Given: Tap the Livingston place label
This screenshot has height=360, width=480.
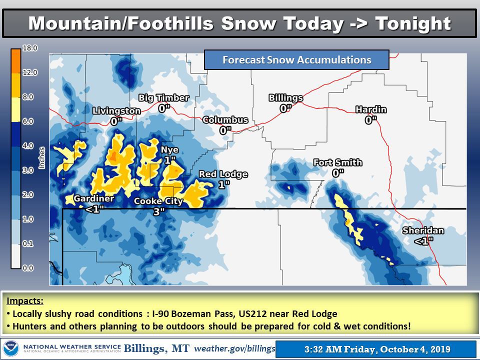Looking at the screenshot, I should (116, 111).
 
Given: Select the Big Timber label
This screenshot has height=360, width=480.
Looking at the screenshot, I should (161, 97).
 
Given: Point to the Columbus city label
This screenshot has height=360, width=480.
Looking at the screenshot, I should (225, 120).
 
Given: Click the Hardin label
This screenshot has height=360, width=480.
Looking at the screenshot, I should (371, 109).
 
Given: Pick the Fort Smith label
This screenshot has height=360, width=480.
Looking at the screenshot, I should (337, 162).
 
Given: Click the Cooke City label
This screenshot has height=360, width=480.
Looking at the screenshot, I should (158, 201).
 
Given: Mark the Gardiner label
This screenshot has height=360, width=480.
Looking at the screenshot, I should (94, 199).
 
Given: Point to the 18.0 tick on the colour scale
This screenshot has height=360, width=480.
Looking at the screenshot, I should (28, 48).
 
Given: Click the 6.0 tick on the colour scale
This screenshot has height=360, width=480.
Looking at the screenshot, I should (28, 121).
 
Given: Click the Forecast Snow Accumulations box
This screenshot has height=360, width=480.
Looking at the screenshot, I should (296, 60).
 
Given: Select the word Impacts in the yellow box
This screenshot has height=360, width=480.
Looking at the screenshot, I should (25, 302).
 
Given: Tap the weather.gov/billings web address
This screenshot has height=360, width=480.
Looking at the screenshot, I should (234, 348).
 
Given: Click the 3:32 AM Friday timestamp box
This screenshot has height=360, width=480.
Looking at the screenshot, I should (375, 348).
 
